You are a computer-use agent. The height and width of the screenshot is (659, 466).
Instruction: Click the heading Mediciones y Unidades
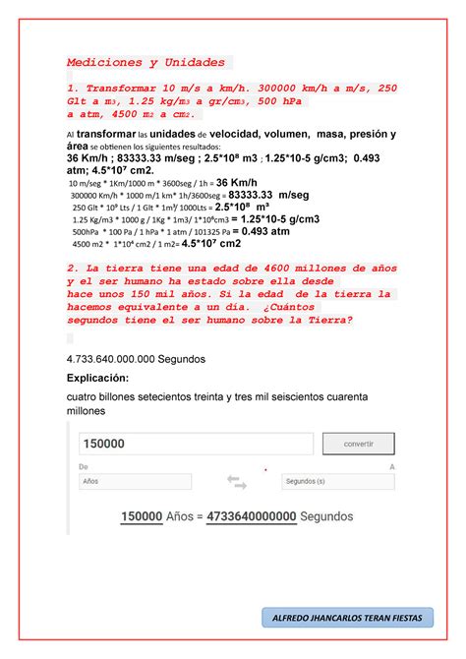[x=146, y=61]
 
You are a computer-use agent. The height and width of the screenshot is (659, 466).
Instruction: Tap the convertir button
[x=358, y=444]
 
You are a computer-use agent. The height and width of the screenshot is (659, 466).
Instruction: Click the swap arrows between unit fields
[x=237, y=482]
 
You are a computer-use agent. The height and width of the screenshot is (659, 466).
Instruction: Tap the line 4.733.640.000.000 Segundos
[x=136, y=359]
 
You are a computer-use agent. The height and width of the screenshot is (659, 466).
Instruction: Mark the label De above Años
[x=83, y=467]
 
